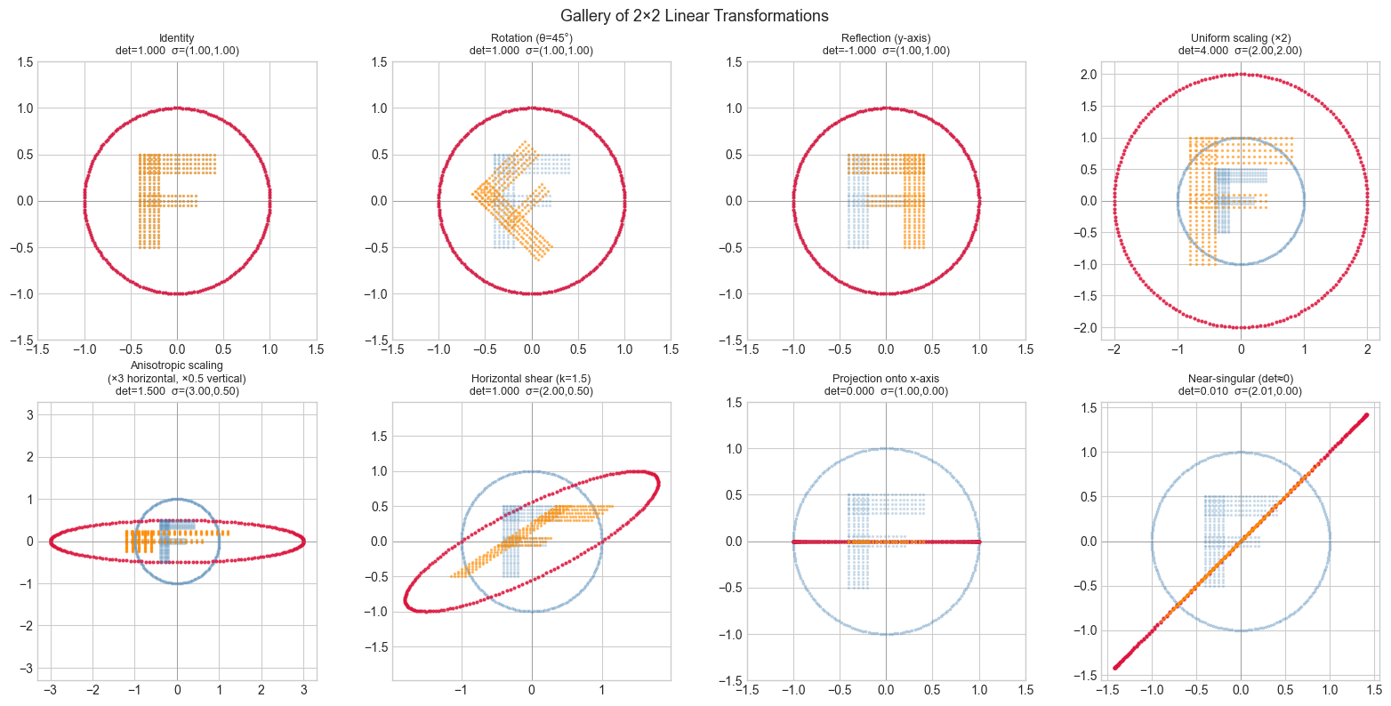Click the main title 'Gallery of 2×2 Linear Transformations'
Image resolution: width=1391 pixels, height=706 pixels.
pos(695,16)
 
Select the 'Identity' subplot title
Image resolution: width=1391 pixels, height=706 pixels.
pos(177,38)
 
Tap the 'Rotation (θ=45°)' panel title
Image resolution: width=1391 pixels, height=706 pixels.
pos(531,38)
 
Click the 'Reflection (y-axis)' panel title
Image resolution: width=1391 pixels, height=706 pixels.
pos(886,38)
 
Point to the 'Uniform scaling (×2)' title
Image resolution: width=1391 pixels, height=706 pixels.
pos(1240,38)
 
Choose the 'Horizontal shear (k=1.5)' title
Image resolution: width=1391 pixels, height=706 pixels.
pos(531,378)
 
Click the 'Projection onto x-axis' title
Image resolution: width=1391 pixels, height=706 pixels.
pos(886,378)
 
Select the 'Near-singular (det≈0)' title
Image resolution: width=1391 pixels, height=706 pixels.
pos(1240,378)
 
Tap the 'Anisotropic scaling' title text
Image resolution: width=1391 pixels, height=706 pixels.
pos(177,365)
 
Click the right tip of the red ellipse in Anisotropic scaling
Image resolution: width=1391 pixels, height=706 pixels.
pos(304,541)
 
